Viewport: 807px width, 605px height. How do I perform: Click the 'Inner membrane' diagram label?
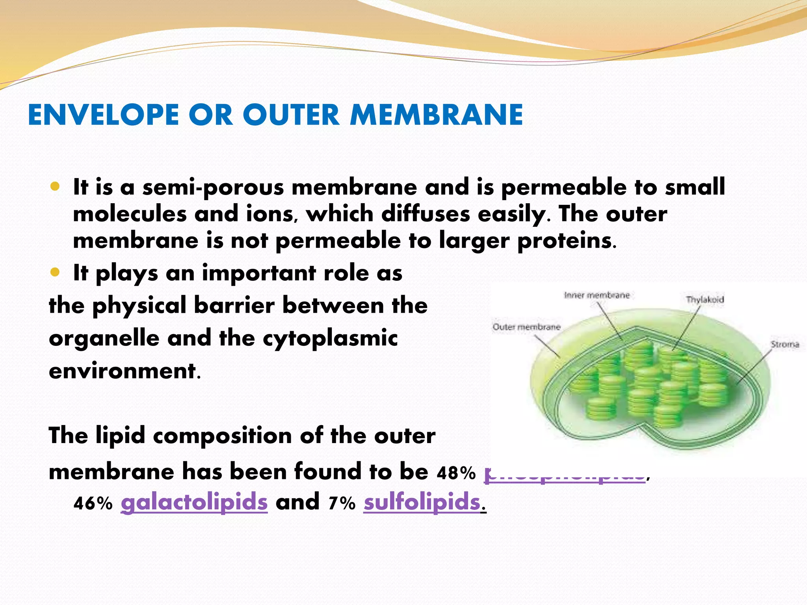[597, 295]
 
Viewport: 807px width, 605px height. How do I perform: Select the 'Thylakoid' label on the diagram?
[705, 300]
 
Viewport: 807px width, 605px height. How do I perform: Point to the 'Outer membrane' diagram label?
[526, 327]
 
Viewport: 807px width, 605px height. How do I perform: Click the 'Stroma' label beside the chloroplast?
[785, 345]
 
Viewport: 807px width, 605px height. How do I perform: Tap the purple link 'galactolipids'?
[194, 503]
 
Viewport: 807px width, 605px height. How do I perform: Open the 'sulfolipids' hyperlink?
[422, 503]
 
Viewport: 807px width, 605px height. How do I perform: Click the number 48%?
[456, 473]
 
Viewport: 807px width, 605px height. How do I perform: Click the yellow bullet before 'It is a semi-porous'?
[55, 186]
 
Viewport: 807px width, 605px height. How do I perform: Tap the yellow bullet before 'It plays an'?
[55, 272]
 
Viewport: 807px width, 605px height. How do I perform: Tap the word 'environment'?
[122, 371]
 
